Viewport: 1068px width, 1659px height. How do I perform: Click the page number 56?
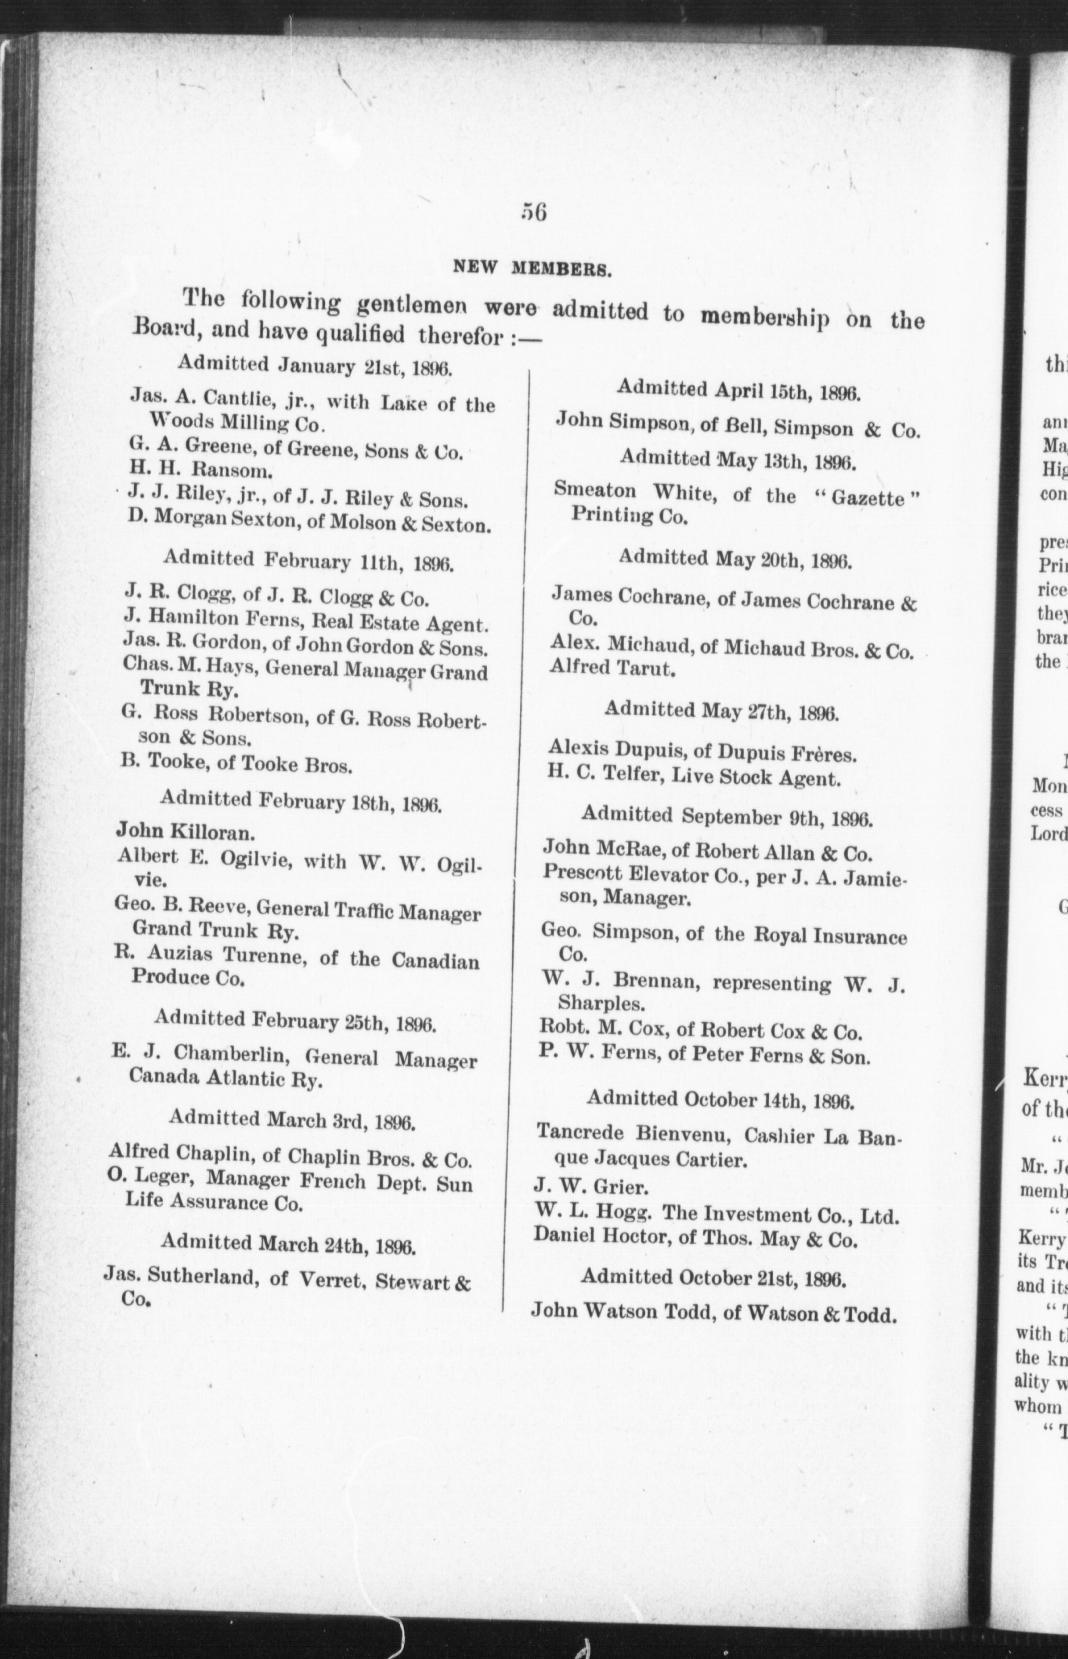533,212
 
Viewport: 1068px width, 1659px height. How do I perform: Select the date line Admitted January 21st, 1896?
316,364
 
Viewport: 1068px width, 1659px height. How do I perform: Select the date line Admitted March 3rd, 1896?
292,1120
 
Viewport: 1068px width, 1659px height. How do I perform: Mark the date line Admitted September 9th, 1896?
726,817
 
